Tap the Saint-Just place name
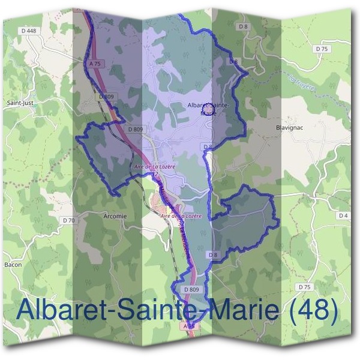click(19, 103)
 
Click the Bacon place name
click(13, 264)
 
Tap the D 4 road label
click(343, 215)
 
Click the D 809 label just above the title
click(191, 289)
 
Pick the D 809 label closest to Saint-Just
click(106, 95)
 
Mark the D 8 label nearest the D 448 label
click(242, 26)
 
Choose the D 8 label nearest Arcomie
click(213, 255)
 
